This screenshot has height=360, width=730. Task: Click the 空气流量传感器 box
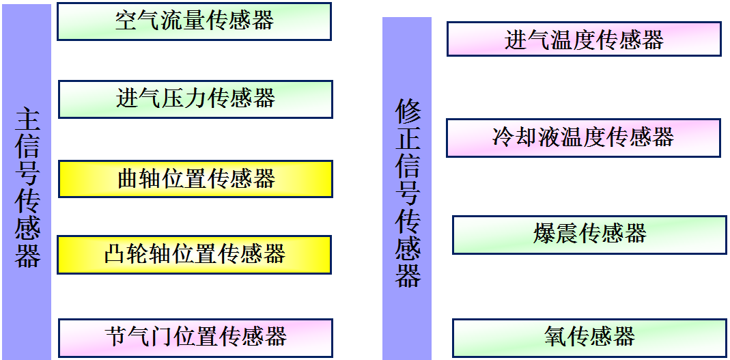194,21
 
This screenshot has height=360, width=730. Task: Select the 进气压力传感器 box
195,99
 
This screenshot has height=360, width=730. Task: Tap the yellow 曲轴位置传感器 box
195,179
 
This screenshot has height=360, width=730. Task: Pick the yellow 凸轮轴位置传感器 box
195,255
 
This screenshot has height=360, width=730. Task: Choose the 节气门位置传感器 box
195,337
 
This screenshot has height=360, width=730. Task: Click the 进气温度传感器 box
584,39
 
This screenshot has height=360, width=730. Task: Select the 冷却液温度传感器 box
583,137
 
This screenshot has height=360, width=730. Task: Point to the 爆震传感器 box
589,234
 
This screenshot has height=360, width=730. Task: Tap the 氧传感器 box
589,337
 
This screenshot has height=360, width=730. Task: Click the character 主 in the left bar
27,119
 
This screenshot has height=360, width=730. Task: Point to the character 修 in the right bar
408,111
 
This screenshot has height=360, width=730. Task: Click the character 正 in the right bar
408,140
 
